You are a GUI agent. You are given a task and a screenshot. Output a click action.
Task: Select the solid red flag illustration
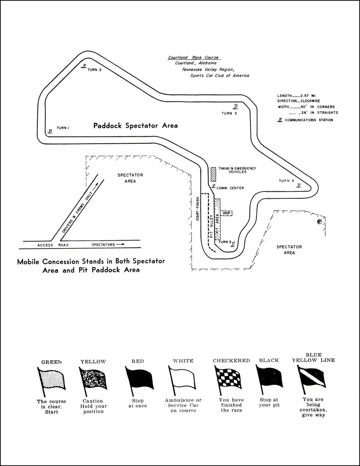click(x=140, y=378)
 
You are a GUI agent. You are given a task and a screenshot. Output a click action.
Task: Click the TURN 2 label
click(x=94, y=70)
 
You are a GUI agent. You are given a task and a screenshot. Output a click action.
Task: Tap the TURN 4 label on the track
click(x=287, y=181)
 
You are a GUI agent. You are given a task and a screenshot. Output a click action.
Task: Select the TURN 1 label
click(x=63, y=128)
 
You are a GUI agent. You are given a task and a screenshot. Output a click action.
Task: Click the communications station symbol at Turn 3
click(x=236, y=106)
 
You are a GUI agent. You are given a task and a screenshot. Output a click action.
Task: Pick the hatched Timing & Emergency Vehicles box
click(x=213, y=174)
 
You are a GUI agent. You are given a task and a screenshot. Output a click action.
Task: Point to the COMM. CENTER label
click(x=230, y=188)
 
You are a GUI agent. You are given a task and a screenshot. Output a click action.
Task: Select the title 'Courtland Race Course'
click(x=194, y=58)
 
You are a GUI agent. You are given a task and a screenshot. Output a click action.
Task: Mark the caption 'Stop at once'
click(x=137, y=403)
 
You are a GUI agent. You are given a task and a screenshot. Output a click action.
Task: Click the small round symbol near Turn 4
click(x=319, y=222)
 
